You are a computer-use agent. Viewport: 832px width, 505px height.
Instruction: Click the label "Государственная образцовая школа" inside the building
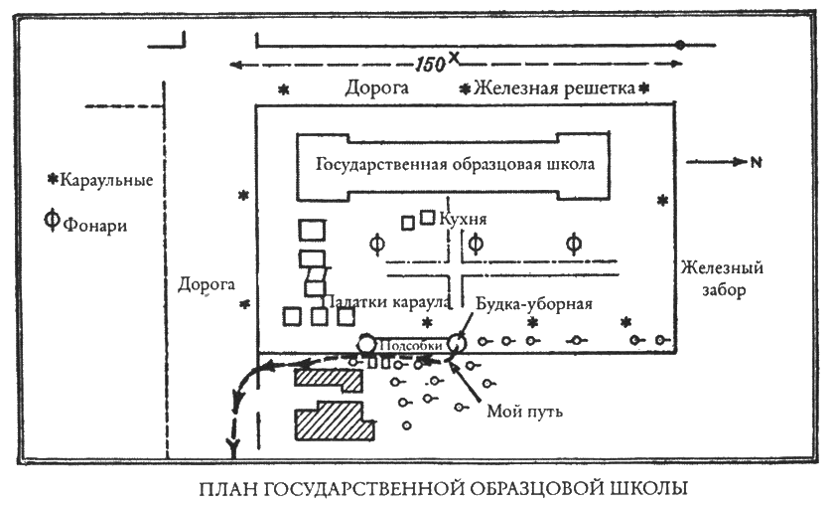[455, 165]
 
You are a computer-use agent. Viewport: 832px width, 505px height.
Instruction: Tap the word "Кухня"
[464, 219]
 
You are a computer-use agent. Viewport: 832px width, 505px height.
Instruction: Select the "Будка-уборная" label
[534, 304]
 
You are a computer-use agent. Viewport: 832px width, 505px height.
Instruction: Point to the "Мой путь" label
[525, 411]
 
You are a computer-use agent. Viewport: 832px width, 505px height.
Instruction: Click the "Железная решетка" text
[554, 88]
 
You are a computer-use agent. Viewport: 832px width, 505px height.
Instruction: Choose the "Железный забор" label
[722, 278]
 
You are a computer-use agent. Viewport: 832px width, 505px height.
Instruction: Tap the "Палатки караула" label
[386, 301]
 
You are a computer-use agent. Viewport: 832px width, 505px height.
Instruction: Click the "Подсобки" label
[410, 346]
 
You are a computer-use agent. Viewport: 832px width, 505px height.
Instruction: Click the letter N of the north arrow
[757, 162]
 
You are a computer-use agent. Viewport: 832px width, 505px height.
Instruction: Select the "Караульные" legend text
[106, 180]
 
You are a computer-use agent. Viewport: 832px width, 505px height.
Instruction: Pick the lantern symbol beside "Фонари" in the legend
[52, 219]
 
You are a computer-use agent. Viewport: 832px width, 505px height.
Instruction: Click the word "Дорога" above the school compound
[376, 87]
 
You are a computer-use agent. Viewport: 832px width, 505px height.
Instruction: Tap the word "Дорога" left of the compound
[206, 284]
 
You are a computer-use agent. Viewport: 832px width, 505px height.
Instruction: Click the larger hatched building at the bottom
[335, 421]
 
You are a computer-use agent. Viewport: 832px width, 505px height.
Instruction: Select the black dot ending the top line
[680, 45]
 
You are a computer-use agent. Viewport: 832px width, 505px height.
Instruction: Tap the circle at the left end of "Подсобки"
[366, 344]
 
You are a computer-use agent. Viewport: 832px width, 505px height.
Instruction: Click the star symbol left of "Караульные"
[53, 180]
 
